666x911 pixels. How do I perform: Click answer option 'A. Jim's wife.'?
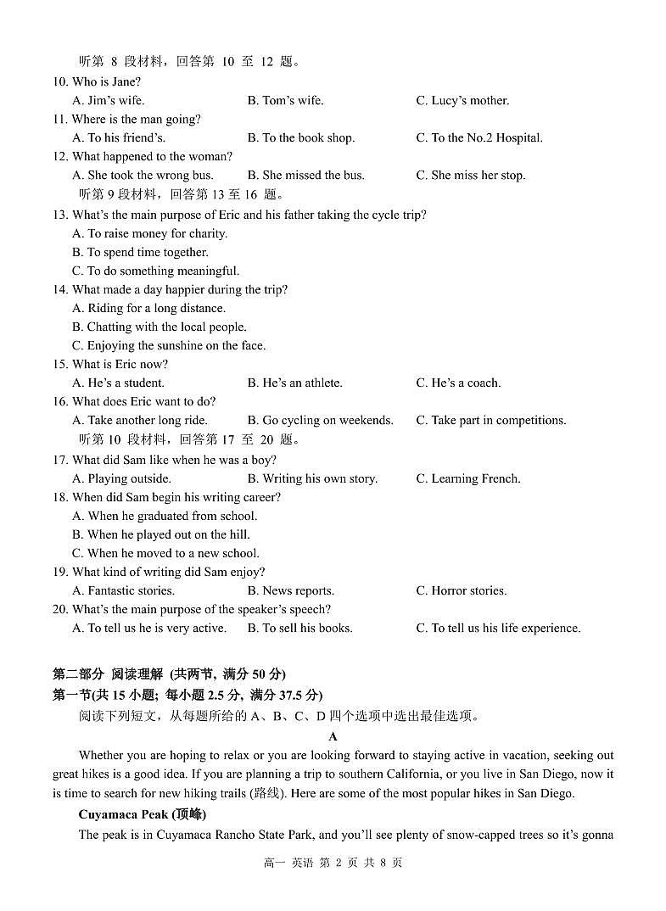point(108,101)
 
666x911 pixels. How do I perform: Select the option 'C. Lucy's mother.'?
point(462,101)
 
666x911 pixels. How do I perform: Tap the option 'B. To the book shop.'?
point(300,138)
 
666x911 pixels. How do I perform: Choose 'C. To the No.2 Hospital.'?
point(479,138)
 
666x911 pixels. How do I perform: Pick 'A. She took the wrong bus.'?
point(143,176)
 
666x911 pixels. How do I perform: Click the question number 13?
point(60,215)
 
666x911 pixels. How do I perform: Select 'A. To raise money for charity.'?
point(149,234)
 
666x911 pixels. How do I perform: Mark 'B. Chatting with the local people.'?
point(160,327)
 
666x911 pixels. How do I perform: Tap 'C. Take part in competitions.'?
point(490,421)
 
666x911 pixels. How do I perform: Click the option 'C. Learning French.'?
point(467,479)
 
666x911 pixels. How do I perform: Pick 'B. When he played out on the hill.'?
point(161,535)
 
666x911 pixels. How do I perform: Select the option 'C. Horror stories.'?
point(461,591)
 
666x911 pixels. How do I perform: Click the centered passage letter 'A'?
point(333,737)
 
